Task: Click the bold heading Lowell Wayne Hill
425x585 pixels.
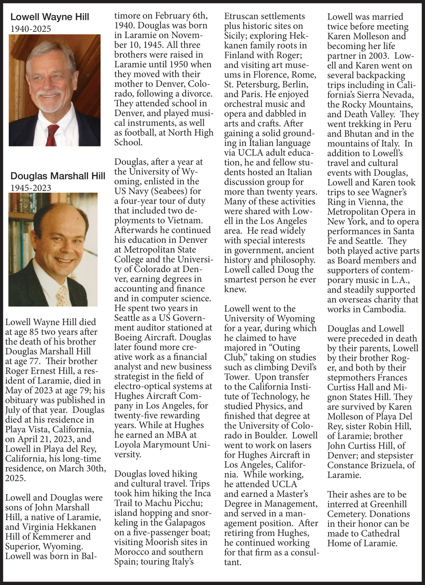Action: click(x=50, y=17)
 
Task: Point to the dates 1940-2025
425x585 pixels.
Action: click(x=31, y=29)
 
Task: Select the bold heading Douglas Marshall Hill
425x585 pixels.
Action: click(x=58, y=176)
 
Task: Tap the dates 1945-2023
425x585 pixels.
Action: click(x=31, y=188)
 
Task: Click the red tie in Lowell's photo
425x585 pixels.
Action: click(x=52, y=135)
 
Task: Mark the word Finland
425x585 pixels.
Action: click(x=240, y=55)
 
